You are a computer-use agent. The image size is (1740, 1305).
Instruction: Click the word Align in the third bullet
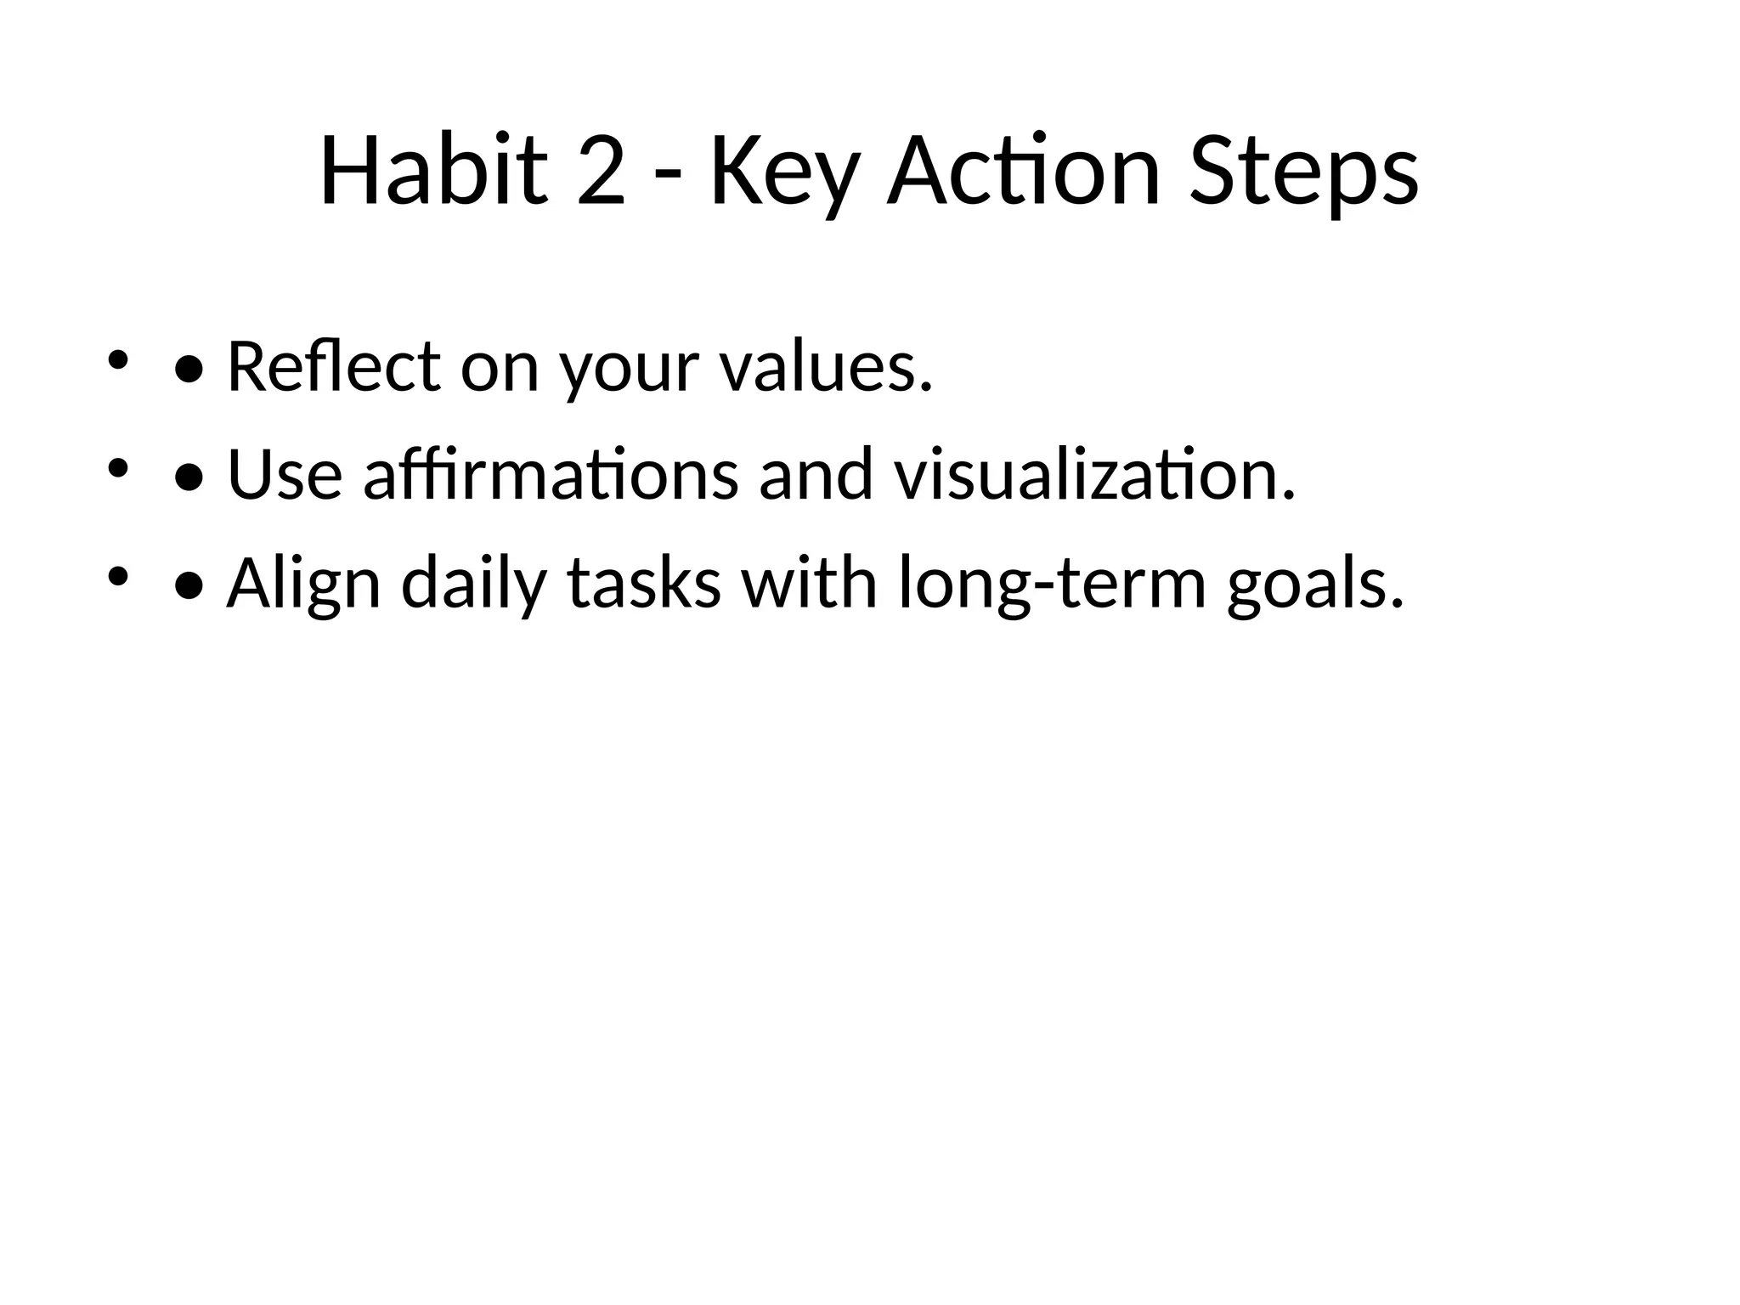pyautogui.click(x=303, y=585)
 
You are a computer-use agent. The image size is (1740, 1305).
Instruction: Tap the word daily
pyautogui.click(x=472, y=585)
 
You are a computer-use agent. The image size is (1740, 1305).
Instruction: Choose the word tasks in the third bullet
pyautogui.click(x=644, y=585)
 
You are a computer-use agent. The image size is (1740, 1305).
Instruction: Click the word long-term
pyautogui.click(x=1052, y=585)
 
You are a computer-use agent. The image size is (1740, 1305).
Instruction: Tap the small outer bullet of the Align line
pyautogui.click(x=117, y=577)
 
